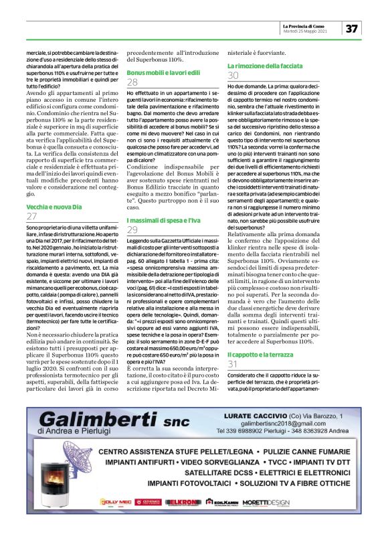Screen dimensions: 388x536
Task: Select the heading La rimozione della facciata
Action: pos(264,66)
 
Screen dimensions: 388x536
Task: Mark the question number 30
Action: pos(233,76)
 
